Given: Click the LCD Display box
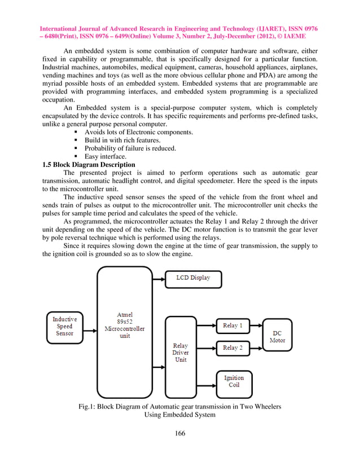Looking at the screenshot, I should (x=193, y=279).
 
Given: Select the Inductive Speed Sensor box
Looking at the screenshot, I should (x=64, y=326).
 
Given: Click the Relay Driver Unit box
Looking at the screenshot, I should (x=180, y=353).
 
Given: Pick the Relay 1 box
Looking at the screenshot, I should (x=232, y=326).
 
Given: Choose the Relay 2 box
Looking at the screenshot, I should (x=232, y=348).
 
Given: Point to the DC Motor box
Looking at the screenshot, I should (x=277, y=337).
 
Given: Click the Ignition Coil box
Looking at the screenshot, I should (x=234, y=382).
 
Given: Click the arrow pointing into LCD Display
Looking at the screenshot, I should (x=158, y=279).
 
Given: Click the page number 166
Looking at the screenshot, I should (x=180, y=433).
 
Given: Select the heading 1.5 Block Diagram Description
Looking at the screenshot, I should (x=89, y=165).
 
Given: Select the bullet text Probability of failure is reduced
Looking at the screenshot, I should (x=130, y=148).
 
